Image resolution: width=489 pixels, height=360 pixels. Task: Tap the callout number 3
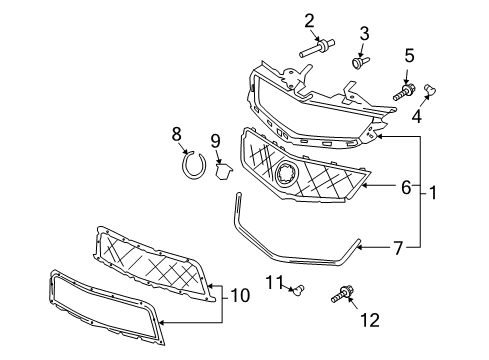pos(364,33)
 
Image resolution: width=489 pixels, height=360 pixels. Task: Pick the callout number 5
pos(409,55)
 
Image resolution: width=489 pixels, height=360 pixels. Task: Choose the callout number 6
pos(406,185)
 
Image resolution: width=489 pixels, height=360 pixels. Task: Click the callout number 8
pos(176,132)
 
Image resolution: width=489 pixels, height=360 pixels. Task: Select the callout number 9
pos(215,140)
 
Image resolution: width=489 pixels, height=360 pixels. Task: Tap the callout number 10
pos(240,297)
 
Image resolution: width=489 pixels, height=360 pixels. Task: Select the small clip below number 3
pos(358,61)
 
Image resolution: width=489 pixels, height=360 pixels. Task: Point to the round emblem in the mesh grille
pos(288,174)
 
